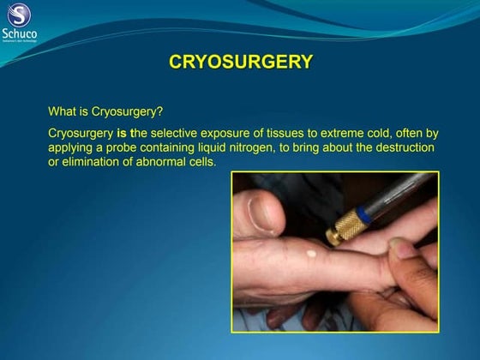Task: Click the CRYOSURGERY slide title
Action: click(x=241, y=62)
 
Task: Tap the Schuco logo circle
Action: click(x=20, y=15)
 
